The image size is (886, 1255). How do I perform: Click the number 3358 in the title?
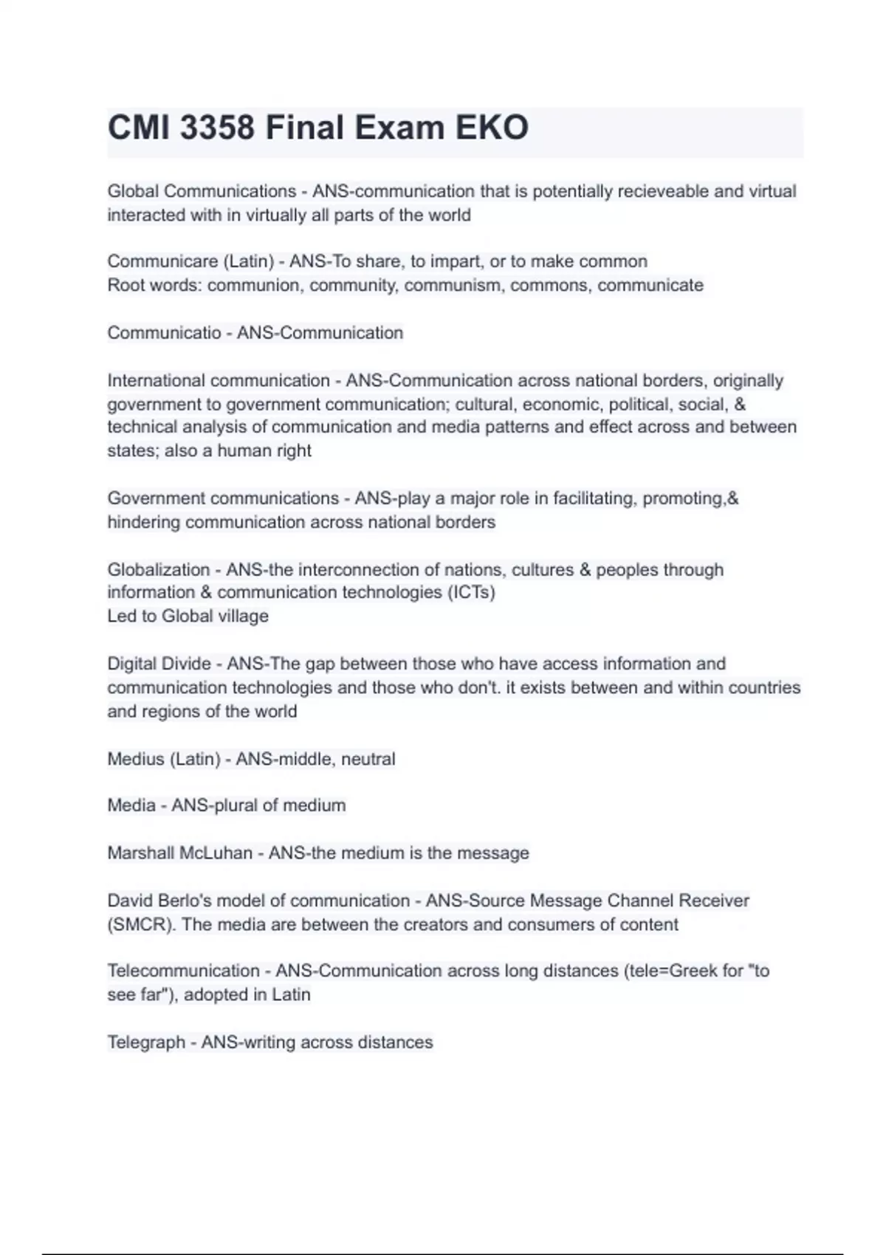217,128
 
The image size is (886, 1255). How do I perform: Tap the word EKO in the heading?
492,128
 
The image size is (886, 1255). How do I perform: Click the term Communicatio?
164,333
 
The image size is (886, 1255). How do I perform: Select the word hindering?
143,522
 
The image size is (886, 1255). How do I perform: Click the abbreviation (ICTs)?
471,593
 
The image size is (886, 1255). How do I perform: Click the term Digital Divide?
159,664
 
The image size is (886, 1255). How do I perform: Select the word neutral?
368,759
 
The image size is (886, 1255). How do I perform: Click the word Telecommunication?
183,971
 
